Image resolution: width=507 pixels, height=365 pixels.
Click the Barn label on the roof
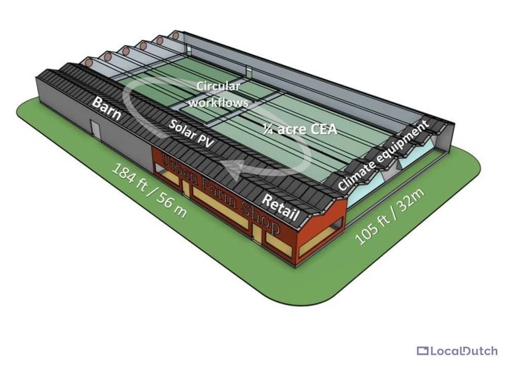pos(106,107)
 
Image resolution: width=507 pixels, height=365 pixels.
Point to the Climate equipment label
pos(383,156)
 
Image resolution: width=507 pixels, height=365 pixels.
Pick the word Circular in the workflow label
pos(219,86)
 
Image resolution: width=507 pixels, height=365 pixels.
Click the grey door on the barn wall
pos(95,129)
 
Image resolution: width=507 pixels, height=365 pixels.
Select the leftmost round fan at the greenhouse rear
pos(89,63)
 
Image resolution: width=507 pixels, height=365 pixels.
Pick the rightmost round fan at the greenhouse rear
pos(175,35)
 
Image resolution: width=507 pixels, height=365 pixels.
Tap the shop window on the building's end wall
pos(317,241)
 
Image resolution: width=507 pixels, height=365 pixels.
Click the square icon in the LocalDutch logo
pos(422,350)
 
